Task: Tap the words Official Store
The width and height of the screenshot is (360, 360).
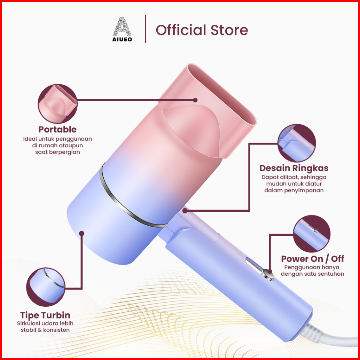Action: [202, 30]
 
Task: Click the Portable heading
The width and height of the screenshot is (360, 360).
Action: [57, 130]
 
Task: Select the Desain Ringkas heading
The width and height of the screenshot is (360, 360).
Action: [294, 168]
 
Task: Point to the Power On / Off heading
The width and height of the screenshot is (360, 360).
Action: [313, 259]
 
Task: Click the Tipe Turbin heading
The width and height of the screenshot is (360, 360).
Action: [45, 315]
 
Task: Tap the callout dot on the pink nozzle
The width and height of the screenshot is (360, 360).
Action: [195, 100]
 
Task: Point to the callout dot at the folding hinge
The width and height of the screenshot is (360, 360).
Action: [185, 210]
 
